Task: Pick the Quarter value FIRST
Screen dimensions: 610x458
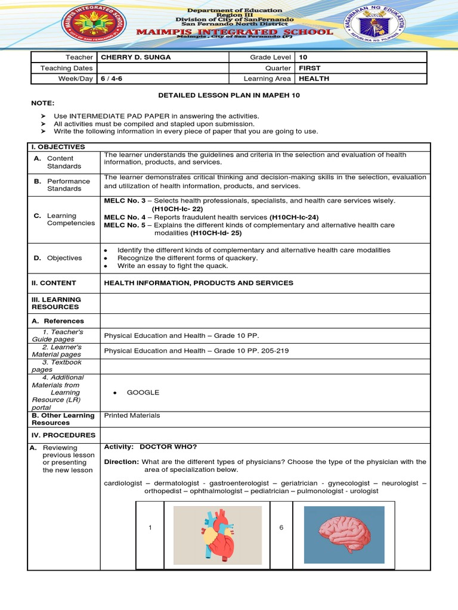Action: [310, 68]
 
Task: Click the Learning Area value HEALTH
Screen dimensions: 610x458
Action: [314, 79]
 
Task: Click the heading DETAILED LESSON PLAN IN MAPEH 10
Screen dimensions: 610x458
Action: [228, 95]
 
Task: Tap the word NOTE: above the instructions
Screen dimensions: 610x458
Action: [44, 103]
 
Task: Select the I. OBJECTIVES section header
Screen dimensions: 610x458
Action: [58, 147]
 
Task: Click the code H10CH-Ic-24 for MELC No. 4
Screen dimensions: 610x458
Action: [294, 217]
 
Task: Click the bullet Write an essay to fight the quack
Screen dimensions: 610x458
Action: [173, 266]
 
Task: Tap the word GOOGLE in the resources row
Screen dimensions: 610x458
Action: [143, 393]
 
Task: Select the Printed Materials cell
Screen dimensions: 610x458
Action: [132, 415]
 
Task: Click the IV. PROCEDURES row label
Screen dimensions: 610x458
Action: [63, 435]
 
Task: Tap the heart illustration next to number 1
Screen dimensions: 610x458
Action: [217, 535]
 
